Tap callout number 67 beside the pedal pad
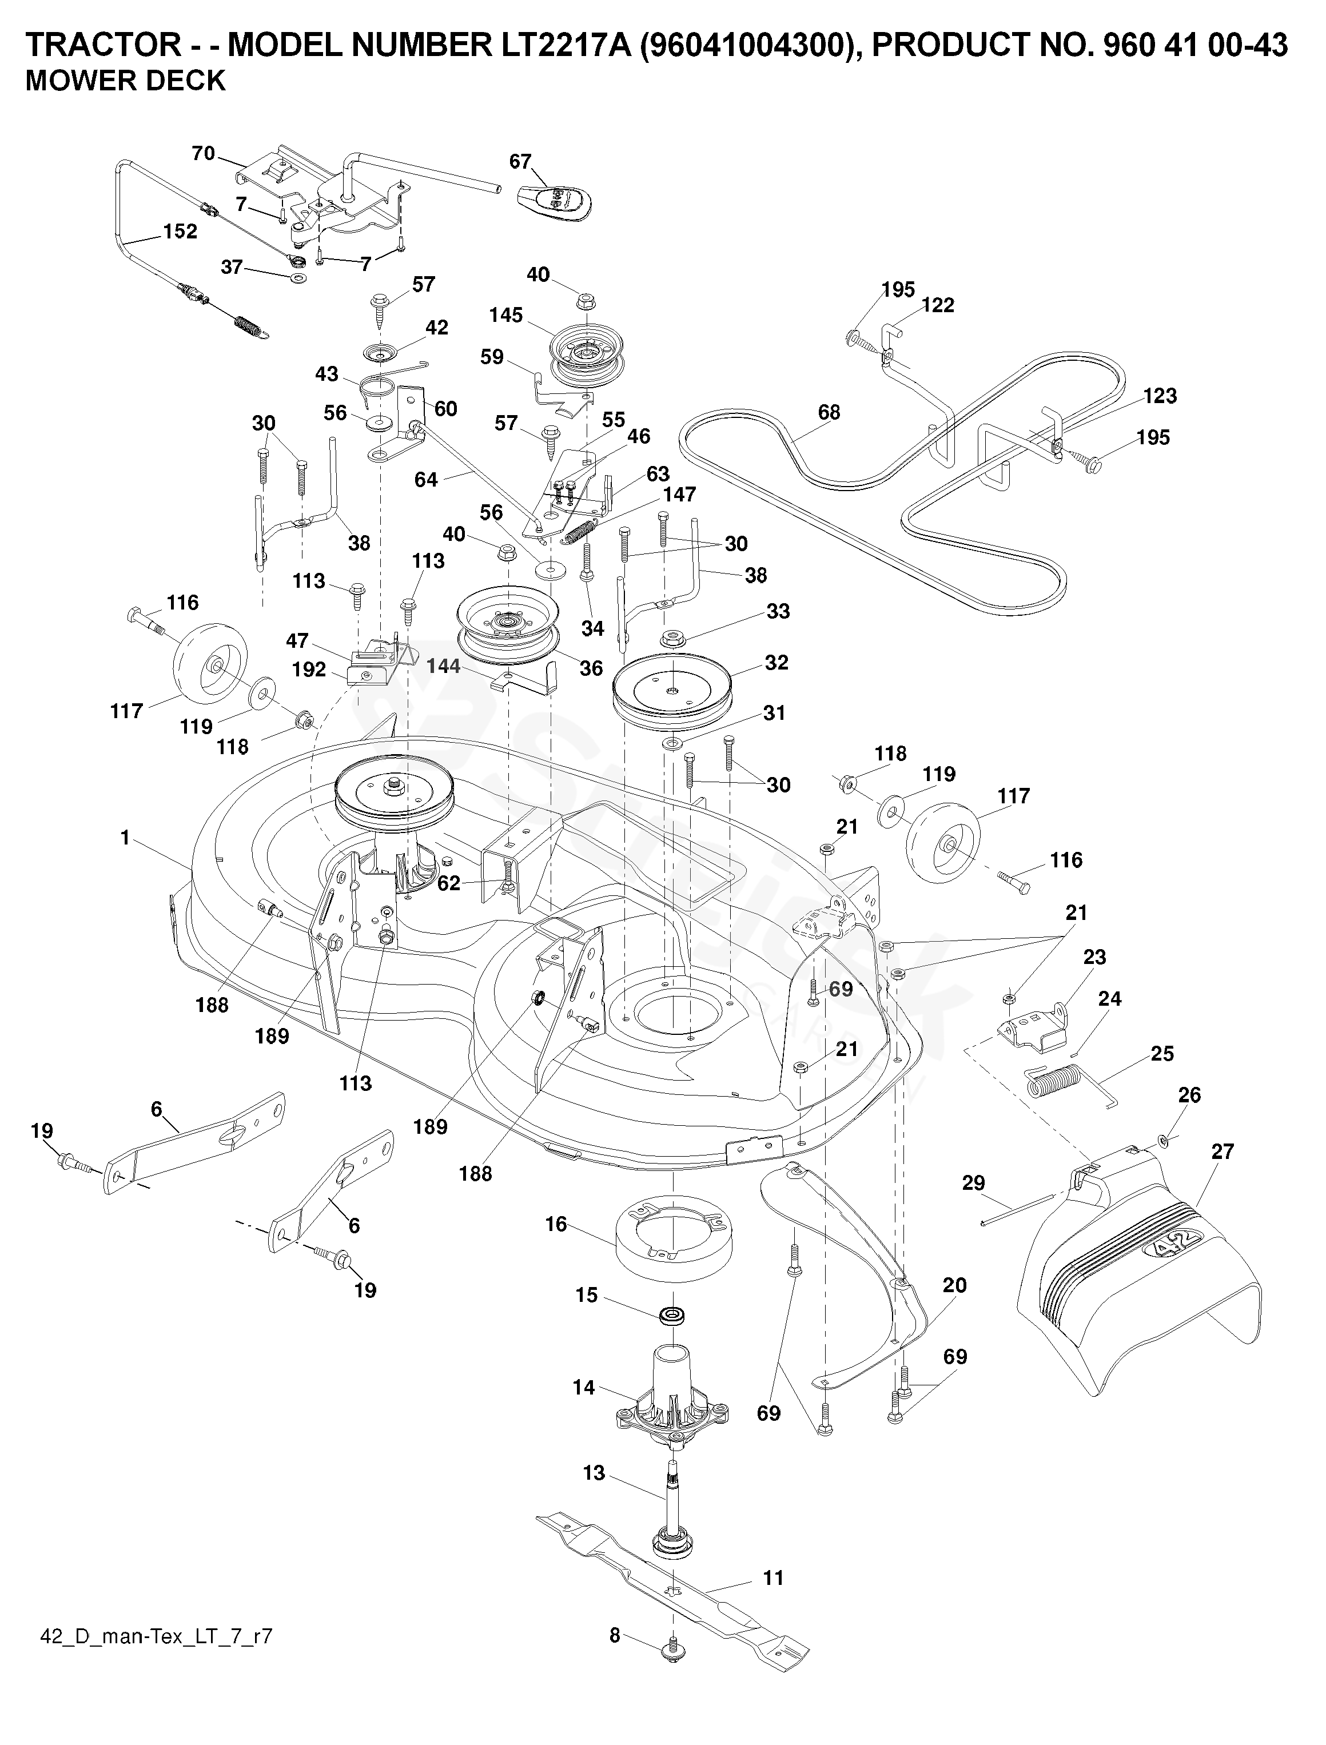pos(520,162)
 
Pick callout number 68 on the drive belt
pos(829,412)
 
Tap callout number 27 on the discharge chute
pos(1222,1152)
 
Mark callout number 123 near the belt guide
pos(1160,396)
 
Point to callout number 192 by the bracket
pos(309,670)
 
